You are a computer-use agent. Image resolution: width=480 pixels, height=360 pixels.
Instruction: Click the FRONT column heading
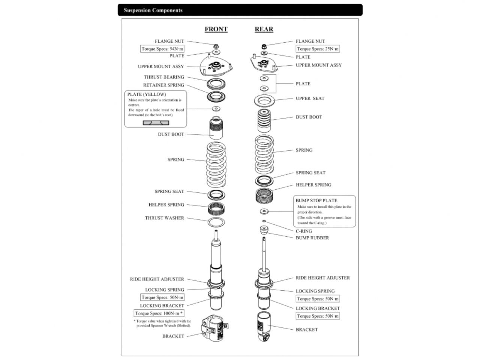(216, 29)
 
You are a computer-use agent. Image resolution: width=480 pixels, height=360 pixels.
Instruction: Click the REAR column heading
(264, 29)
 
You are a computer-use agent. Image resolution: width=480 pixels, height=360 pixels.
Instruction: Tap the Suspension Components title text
(153, 10)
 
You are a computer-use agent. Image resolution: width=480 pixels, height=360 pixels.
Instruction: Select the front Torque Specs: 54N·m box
(162, 49)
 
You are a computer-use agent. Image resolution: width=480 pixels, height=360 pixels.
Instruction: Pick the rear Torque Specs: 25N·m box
(318, 49)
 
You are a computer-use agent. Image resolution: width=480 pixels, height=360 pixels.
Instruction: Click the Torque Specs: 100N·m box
(159, 313)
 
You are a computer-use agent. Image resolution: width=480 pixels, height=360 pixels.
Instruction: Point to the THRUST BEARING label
(164, 77)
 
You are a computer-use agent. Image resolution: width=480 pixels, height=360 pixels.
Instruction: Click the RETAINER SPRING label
(163, 85)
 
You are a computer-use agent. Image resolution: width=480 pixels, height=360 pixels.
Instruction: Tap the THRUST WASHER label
(165, 218)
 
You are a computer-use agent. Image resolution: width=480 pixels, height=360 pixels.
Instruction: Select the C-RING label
(304, 231)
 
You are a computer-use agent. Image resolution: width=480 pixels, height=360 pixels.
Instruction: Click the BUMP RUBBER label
(312, 238)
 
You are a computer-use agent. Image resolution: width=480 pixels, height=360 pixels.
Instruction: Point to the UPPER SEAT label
(310, 98)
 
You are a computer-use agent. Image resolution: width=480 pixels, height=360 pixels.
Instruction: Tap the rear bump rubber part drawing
(264, 231)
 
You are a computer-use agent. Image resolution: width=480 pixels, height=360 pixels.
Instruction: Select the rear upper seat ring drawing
(264, 100)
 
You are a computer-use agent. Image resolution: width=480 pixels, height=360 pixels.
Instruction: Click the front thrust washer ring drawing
(216, 222)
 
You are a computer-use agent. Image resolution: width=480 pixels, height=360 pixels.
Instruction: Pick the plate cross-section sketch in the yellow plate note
(156, 123)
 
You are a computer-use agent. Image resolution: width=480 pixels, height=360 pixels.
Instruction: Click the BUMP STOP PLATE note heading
(316, 201)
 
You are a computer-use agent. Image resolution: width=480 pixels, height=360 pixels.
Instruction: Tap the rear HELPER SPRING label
(313, 185)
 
